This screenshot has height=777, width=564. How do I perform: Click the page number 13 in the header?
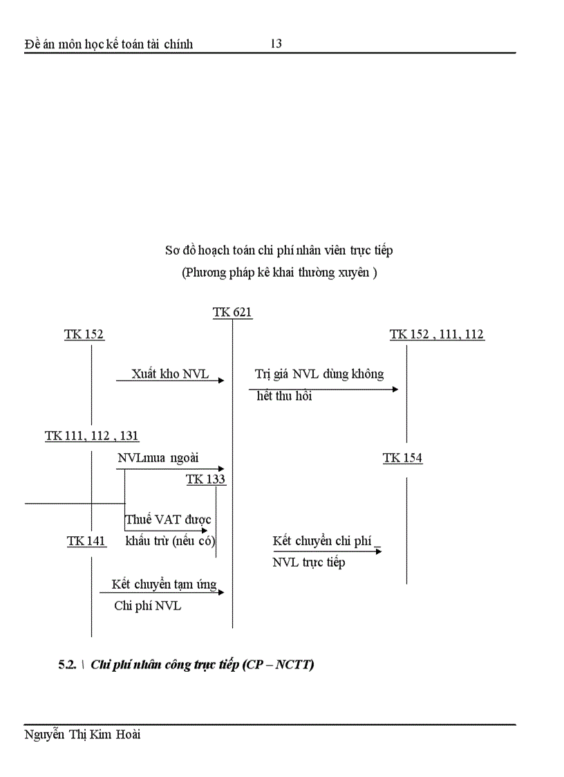coord(276,44)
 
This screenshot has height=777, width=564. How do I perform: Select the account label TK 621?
coord(232,313)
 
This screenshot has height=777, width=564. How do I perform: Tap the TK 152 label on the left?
coord(84,335)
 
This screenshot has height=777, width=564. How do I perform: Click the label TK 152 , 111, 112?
coord(437,335)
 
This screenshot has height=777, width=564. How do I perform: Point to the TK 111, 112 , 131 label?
coord(92,436)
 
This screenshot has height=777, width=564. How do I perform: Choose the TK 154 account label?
coord(402,458)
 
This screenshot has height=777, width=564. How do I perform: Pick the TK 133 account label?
coord(205,479)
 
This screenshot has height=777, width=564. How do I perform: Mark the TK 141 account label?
coord(86,541)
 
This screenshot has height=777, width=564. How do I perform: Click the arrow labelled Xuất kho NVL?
coord(170,380)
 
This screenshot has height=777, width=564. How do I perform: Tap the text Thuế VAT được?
coord(168,520)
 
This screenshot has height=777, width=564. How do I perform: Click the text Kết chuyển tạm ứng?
coord(164,585)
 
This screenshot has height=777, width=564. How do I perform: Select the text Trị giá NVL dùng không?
coord(319,374)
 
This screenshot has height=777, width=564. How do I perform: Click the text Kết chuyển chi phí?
coord(322,541)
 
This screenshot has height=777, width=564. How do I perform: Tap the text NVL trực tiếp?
coord(308,563)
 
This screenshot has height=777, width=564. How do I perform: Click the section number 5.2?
coord(67,665)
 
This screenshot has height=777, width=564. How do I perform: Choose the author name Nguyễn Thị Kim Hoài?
coord(82,735)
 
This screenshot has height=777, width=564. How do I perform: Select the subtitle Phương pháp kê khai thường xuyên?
coord(279,273)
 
